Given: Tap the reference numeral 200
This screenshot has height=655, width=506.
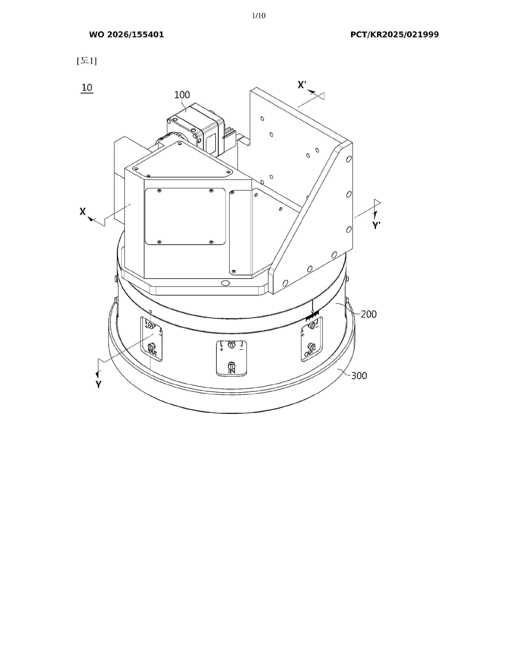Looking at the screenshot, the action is pyautogui.click(x=368, y=314).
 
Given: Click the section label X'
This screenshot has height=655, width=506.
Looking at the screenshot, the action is pyautogui.click(x=302, y=85).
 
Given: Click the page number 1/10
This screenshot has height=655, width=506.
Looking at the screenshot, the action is pyautogui.click(x=259, y=16).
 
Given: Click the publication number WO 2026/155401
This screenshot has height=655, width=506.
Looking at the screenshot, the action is pyautogui.click(x=127, y=35).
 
